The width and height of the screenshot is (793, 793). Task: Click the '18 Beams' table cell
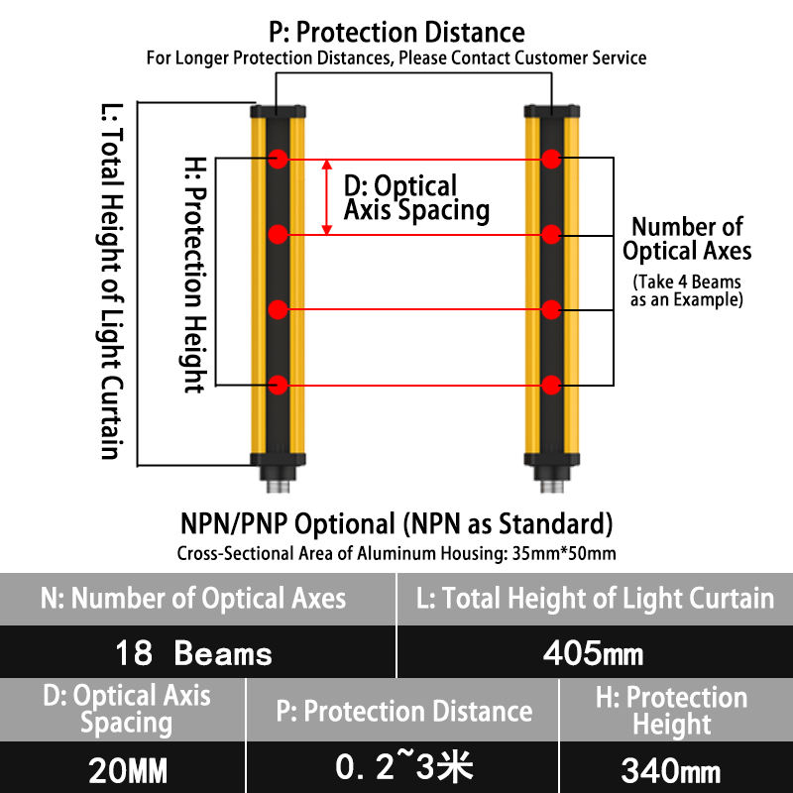coord(194,653)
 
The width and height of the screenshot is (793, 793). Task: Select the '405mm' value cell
coord(594,653)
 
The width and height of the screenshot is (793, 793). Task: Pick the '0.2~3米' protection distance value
coord(401,767)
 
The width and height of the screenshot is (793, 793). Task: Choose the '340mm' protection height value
coord(672,768)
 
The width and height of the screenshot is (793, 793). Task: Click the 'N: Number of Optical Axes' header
coord(194,598)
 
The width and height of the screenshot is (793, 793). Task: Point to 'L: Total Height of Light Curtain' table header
coord(594,598)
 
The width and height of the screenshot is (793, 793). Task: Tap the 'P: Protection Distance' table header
coord(401,711)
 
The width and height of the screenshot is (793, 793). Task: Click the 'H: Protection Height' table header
coord(672,711)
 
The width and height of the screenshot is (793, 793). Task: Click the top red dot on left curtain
coord(279,159)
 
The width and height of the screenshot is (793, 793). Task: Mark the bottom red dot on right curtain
coord(551,384)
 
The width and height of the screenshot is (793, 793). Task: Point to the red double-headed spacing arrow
coord(328,197)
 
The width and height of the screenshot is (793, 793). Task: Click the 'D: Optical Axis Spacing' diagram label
coord(415,198)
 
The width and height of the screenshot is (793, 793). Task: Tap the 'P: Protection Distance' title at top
coord(396,33)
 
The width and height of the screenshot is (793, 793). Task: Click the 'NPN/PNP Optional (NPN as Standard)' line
coord(396,522)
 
